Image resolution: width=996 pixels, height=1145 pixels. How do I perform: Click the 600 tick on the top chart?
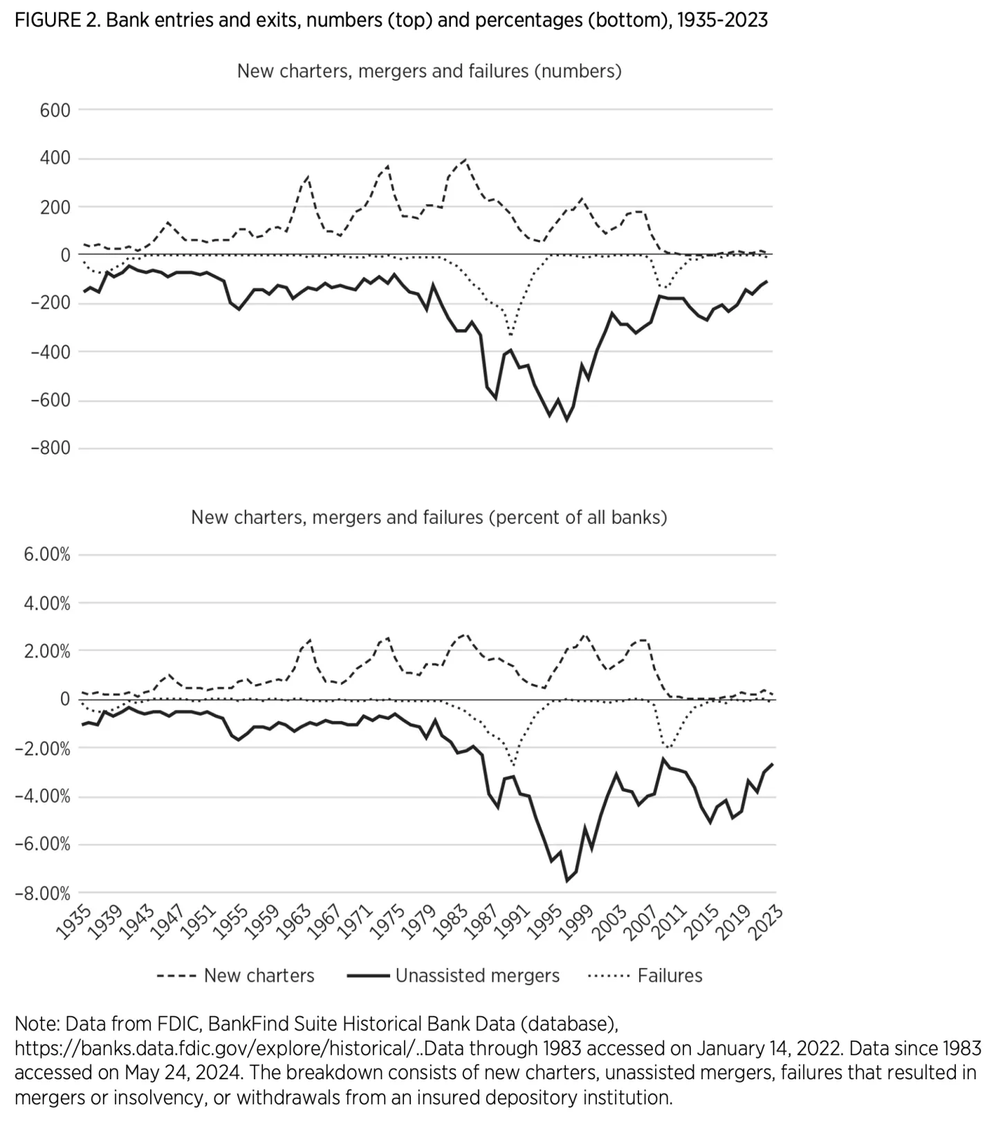point(55,110)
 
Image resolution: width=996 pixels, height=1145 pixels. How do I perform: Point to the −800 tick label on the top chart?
point(50,448)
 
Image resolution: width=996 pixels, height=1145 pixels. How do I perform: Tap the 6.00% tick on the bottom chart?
point(47,555)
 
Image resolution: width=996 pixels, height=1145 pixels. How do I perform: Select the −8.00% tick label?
point(43,893)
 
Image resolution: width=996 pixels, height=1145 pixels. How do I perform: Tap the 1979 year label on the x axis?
point(420,923)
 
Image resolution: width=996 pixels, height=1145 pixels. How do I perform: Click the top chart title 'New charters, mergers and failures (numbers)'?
point(429,71)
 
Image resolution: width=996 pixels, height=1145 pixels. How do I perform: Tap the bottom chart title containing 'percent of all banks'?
point(429,517)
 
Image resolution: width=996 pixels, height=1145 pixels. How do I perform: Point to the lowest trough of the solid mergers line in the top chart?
point(566,420)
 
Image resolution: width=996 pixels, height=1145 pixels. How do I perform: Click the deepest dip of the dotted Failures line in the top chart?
point(511,335)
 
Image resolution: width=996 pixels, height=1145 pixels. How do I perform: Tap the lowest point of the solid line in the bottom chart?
point(566,881)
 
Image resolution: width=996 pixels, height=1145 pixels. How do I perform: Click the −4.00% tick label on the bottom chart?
point(43,796)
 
